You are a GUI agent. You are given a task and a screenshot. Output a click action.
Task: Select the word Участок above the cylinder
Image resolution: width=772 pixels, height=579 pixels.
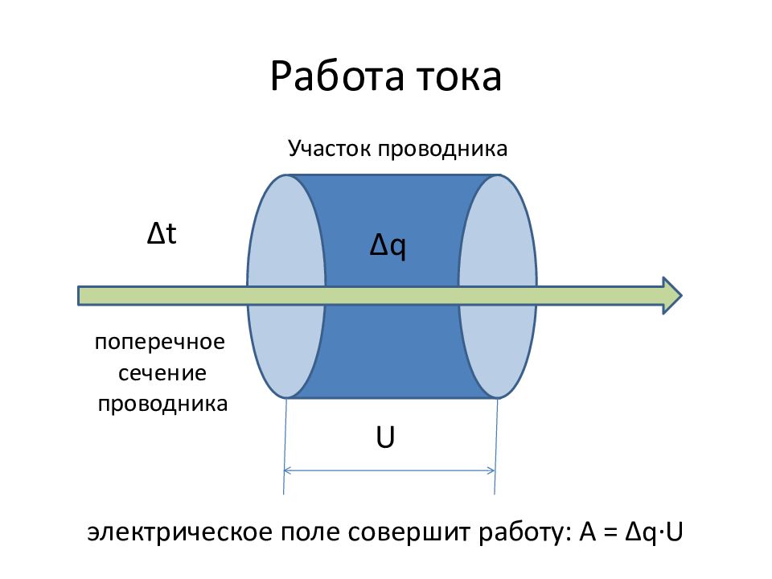pos(328,149)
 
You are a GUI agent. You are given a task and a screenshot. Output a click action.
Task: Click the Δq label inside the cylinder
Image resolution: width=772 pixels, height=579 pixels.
pos(388,245)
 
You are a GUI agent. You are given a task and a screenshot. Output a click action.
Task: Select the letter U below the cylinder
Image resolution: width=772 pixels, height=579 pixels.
pos(386,439)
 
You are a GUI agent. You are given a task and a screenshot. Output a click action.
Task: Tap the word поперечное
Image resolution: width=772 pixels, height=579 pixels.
pos(161,342)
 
